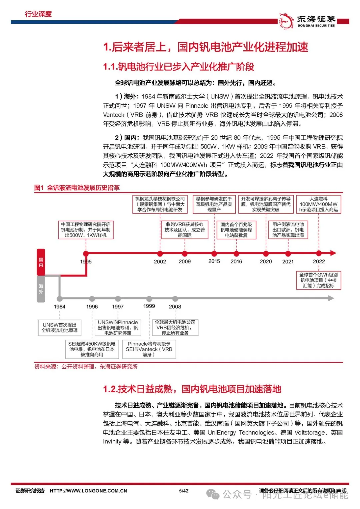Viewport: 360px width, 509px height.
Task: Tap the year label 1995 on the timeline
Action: pyautogui.click(x=86, y=262)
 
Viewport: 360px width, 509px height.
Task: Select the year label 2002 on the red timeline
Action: pyautogui.click(x=160, y=262)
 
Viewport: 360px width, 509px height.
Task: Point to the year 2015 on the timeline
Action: pyautogui.click(x=214, y=261)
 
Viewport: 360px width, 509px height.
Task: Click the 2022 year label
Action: pyautogui.click(x=319, y=262)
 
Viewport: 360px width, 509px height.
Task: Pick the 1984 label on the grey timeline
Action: pyautogui.click(x=59, y=307)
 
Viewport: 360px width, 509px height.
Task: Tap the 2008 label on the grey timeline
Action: pyautogui.click(x=175, y=307)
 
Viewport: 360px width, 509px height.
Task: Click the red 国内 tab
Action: pyautogui.click(x=41, y=262)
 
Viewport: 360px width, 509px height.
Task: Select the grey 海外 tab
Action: pyautogui.click(x=41, y=289)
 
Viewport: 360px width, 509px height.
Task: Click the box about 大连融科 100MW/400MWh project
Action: pyautogui.click(x=318, y=204)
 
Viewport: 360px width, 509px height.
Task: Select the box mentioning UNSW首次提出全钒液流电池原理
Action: pyautogui.click(x=59, y=328)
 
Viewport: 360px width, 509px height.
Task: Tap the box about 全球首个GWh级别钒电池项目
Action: pyautogui.click(x=318, y=280)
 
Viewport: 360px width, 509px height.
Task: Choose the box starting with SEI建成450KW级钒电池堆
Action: pyautogui.click(x=92, y=349)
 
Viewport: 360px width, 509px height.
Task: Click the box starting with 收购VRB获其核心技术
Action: pyautogui.click(x=184, y=230)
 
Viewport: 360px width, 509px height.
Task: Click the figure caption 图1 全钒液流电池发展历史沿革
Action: pyautogui.click(x=77, y=188)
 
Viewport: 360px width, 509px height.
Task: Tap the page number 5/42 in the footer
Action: pyautogui.click(x=184, y=491)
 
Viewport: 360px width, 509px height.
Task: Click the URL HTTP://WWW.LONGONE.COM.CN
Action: pyautogui.click(x=88, y=491)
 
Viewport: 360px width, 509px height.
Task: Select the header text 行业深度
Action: pyautogui.click(x=38, y=14)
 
